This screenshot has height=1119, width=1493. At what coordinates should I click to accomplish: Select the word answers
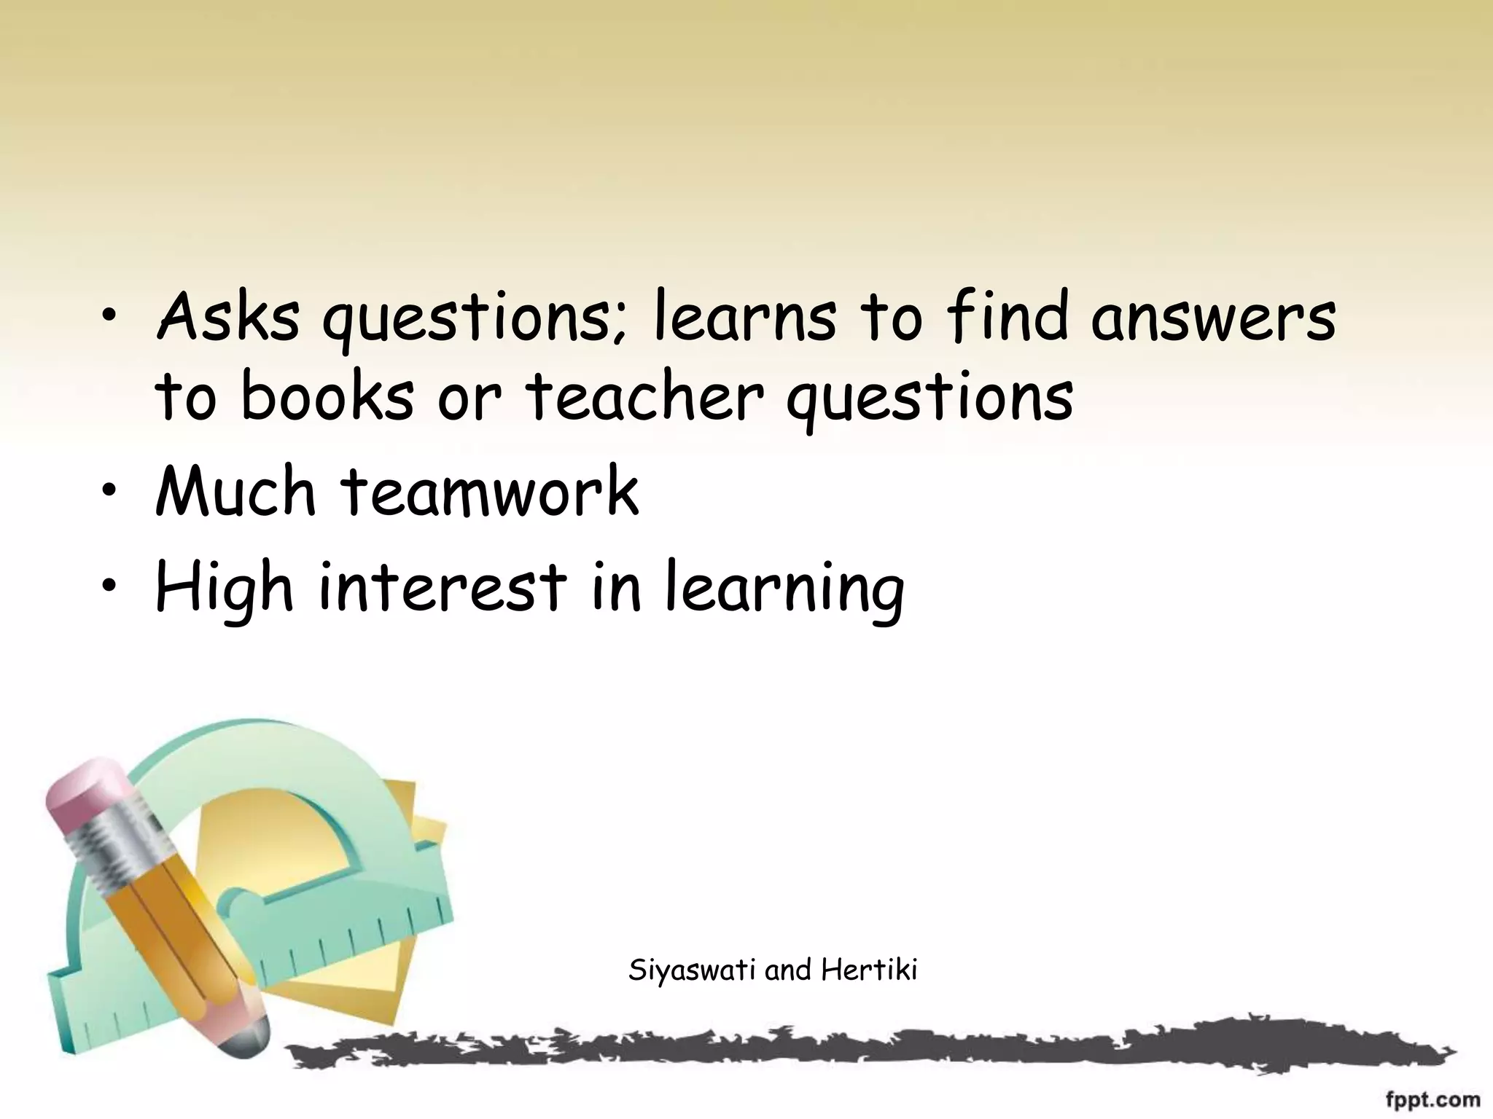click(x=1213, y=318)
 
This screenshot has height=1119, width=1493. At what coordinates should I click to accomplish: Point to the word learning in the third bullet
click(x=784, y=589)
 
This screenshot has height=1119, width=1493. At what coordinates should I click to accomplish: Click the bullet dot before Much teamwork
click(x=109, y=494)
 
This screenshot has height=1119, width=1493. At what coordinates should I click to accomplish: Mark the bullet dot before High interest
click(x=109, y=589)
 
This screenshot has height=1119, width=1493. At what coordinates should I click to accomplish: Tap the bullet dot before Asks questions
click(x=109, y=319)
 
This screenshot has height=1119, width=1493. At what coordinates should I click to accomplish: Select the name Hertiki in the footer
click(x=869, y=970)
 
